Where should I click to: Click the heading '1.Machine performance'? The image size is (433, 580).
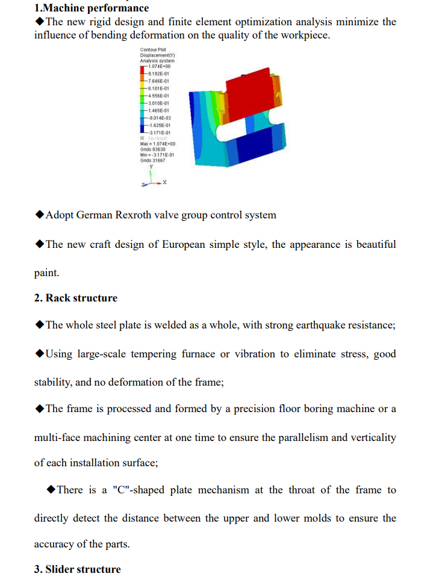pos(92,8)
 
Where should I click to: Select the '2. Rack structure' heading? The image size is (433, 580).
pos(76,298)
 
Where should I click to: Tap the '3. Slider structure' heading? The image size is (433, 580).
pos(78,569)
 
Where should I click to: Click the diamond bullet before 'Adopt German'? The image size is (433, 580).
pos(40,215)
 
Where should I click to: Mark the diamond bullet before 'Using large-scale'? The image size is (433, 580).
pos(40,354)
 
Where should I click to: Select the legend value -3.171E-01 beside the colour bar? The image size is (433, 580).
pos(160,132)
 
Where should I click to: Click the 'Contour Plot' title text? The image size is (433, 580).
pos(152,50)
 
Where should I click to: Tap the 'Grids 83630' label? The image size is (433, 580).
pos(153,149)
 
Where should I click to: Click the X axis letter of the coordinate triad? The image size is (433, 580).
pos(164,181)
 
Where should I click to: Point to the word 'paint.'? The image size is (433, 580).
pos(46,273)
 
